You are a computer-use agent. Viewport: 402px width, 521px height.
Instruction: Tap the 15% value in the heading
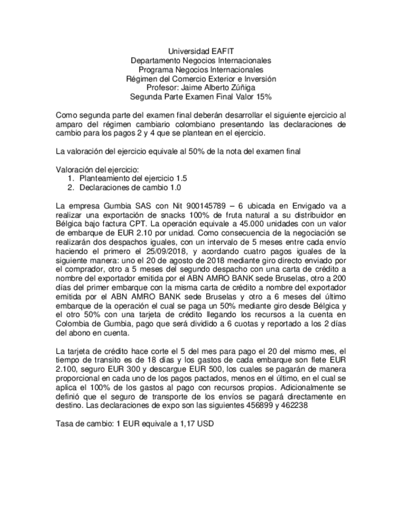click(263, 97)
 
